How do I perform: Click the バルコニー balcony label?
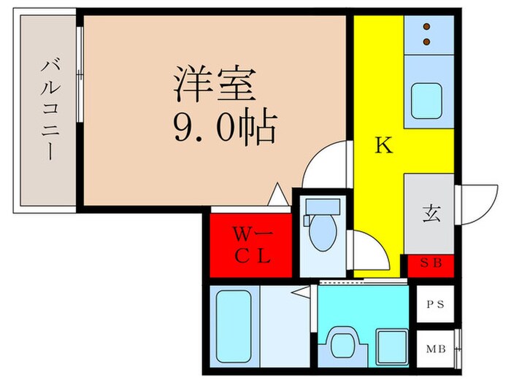(x=50, y=109)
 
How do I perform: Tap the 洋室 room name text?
(x=215, y=84)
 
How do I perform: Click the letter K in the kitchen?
(x=383, y=146)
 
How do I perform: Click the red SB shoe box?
(x=430, y=263)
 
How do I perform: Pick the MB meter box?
(x=436, y=349)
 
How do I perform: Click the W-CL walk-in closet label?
(x=251, y=244)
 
